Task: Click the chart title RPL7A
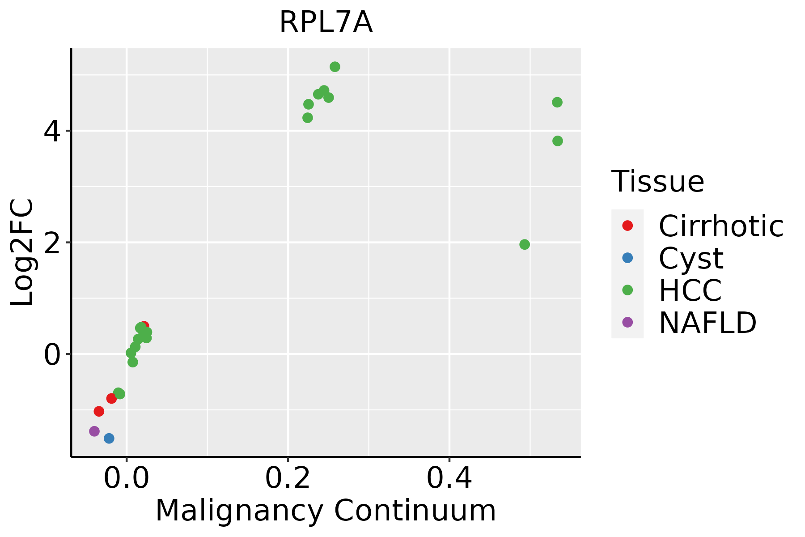[x=326, y=23]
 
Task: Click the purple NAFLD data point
[x=94, y=431]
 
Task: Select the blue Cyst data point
[x=109, y=439]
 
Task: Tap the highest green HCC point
[x=335, y=67]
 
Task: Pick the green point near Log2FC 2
[x=525, y=245]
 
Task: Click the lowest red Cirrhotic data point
[x=99, y=411]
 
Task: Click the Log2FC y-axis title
[x=22, y=252]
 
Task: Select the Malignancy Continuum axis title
[x=326, y=511]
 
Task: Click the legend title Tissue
[x=657, y=182]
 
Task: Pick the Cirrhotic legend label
[x=721, y=226]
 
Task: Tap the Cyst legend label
[x=691, y=258]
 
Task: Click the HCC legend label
[x=690, y=290]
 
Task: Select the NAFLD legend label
[x=708, y=323]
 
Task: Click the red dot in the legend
[x=627, y=226]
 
